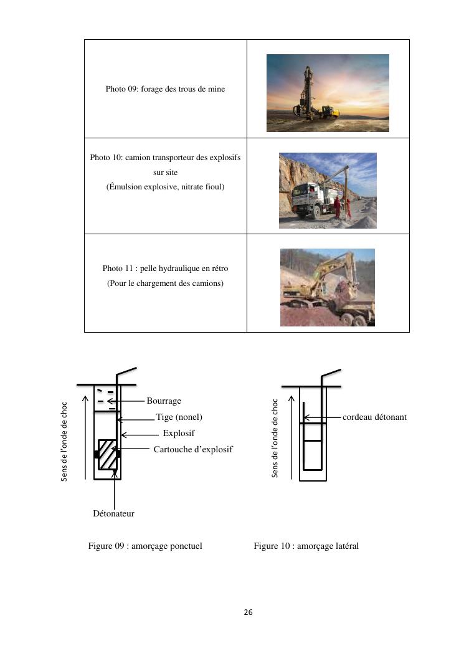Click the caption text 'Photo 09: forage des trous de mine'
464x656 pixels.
point(165,89)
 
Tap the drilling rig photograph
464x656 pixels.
point(328,93)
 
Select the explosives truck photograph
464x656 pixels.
point(328,190)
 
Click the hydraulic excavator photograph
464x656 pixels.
point(328,287)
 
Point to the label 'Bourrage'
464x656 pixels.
point(164,401)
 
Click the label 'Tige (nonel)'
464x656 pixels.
point(179,417)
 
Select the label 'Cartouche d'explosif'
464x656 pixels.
point(193,449)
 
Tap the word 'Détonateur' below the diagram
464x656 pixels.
point(113,513)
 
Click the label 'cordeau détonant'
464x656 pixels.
point(374,417)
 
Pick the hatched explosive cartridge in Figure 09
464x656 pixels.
point(107,455)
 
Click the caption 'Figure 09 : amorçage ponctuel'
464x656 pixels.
point(145,546)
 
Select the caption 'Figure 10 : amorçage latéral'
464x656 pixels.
point(306,546)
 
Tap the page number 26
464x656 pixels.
point(248,612)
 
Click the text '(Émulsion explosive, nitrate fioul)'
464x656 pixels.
point(165,188)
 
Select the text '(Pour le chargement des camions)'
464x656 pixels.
point(165,283)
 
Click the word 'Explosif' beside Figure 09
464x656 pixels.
point(179,433)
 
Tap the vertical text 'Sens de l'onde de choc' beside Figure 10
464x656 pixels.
point(275,439)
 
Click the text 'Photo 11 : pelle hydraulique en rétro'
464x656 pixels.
point(165,269)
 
